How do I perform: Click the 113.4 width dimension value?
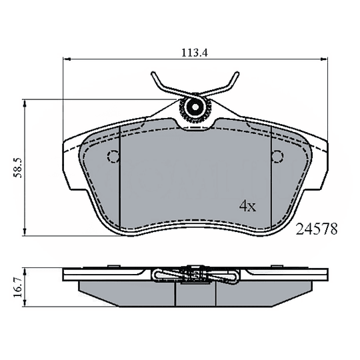click(x=195, y=53)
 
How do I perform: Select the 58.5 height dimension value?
click(x=18, y=167)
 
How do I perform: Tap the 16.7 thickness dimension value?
click(x=18, y=287)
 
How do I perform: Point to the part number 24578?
click(x=317, y=229)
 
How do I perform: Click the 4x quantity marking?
click(x=247, y=206)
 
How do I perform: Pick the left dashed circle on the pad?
click(x=113, y=157)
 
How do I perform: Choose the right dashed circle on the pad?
click(x=277, y=157)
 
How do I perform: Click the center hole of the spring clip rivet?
click(x=195, y=107)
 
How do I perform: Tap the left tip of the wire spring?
click(x=153, y=73)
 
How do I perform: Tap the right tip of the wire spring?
click(x=237, y=73)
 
